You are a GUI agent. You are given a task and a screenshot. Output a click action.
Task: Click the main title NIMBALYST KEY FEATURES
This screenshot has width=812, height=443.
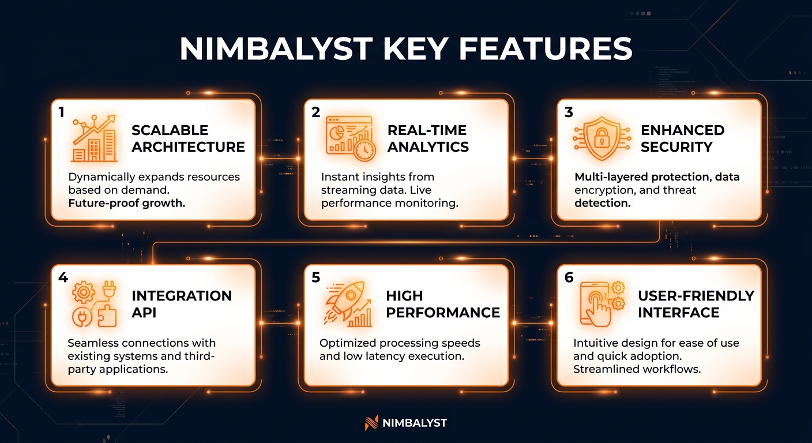click(x=405, y=50)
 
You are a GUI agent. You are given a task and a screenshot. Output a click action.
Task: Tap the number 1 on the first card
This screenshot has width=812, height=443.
click(x=61, y=112)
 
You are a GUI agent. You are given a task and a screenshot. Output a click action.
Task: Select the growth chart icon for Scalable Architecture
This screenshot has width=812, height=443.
click(x=94, y=138)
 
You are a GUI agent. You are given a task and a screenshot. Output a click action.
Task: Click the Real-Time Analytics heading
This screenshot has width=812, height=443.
click(x=427, y=138)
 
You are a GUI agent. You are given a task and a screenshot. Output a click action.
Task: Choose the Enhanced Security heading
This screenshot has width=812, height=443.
click(x=682, y=138)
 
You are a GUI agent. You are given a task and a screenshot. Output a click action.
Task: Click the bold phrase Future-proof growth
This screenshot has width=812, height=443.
click(x=127, y=204)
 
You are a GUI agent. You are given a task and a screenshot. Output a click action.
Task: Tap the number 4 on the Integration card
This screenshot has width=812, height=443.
click(x=63, y=278)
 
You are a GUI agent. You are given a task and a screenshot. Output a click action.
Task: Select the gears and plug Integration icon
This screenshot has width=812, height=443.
click(x=94, y=304)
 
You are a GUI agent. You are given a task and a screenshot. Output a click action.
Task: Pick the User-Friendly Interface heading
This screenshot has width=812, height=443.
click(x=696, y=304)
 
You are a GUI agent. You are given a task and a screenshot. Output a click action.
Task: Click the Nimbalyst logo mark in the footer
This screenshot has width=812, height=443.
click(x=371, y=423)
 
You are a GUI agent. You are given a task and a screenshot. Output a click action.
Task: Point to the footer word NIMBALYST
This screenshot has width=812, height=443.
click(x=415, y=423)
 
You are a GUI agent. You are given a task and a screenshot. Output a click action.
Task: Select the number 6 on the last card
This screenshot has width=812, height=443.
click(x=569, y=278)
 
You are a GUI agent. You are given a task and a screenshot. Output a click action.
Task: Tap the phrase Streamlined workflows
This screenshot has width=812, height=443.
click(x=637, y=369)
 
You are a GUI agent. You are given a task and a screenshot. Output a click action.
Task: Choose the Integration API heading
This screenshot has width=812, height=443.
click(x=182, y=304)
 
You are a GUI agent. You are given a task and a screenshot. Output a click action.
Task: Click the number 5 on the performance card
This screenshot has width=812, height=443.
click(x=315, y=278)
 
